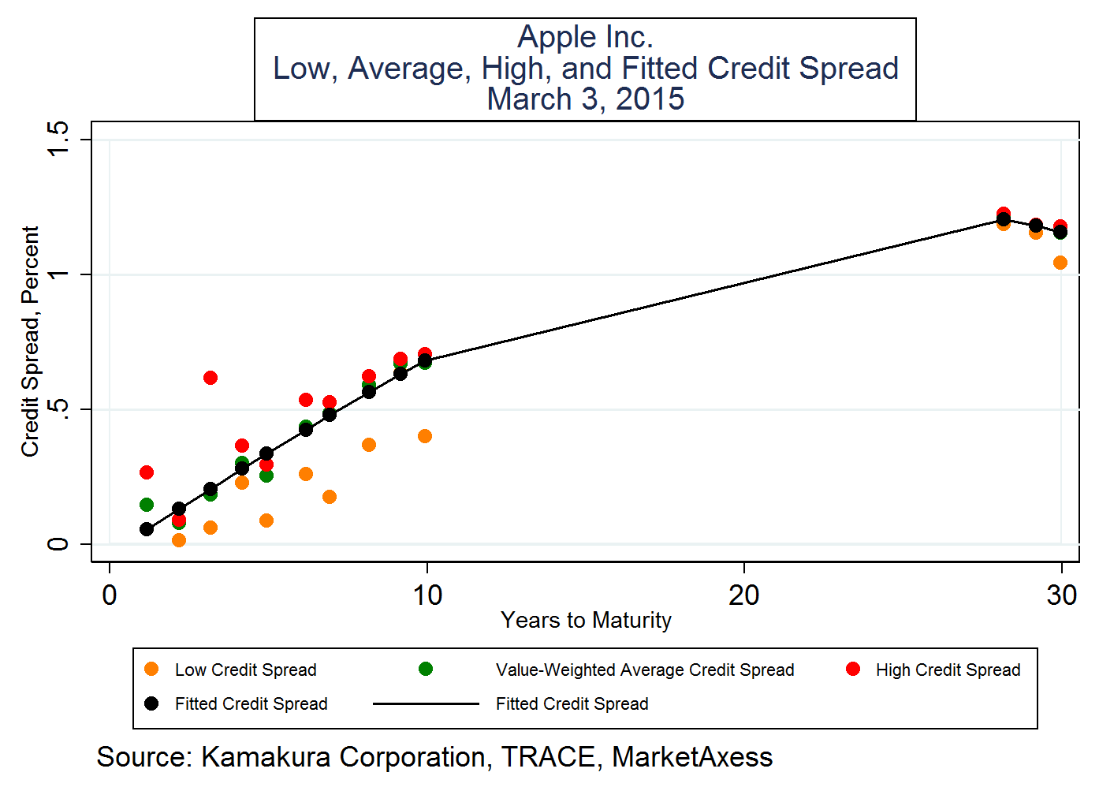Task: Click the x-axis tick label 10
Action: tap(427, 595)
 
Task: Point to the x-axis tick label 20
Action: tap(743, 595)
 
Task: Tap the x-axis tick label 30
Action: tap(1061, 595)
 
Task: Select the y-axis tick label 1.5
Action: tap(58, 140)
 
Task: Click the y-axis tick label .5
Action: tap(58, 409)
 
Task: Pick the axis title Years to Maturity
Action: tap(586, 621)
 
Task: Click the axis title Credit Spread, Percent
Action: tap(30, 341)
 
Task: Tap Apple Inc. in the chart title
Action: tap(585, 37)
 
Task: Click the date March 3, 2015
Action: tap(585, 99)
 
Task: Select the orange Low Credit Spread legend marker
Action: tap(152, 670)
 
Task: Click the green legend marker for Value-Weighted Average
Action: tap(426, 670)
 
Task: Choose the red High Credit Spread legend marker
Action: tap(852, 670)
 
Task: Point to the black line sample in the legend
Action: tap(426, 703)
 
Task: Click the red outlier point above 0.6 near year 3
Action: tap(210, 378)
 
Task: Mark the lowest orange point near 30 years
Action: tap(1060, 263)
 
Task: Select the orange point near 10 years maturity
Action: tap(425, 436)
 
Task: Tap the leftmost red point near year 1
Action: tap(147, 472)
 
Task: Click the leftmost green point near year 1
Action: tap(147, 505)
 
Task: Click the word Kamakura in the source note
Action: tap(265, 757)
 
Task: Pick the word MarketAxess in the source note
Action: tap(692, 757)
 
